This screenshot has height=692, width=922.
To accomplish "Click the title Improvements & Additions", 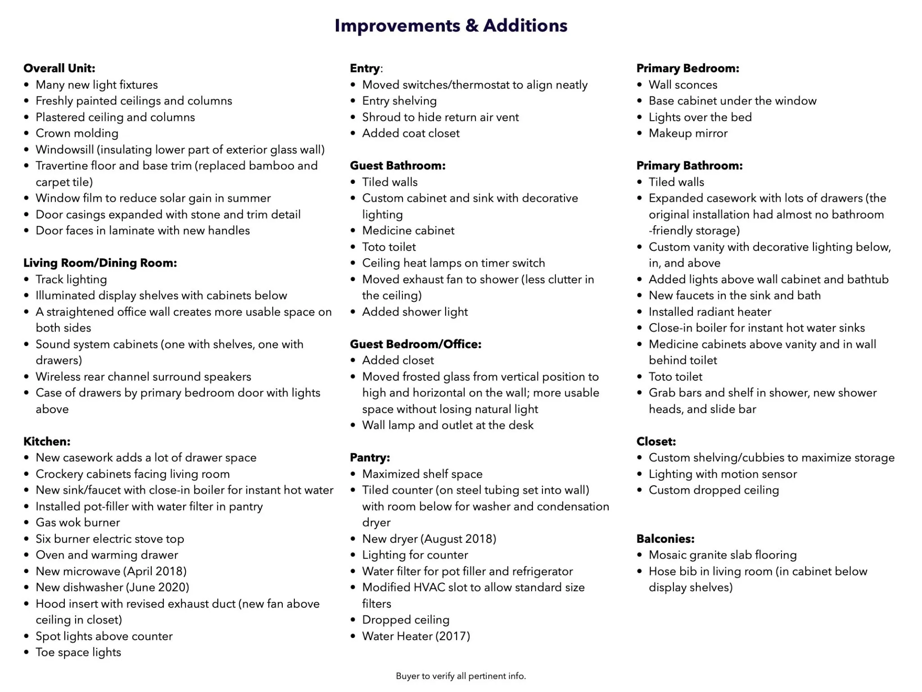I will (x=451, y=26).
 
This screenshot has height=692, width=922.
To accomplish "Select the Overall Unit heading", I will (x=59, y=68).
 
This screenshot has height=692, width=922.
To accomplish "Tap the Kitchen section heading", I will (x=47, y=442).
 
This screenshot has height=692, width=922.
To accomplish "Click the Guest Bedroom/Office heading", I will (x=416, y=344).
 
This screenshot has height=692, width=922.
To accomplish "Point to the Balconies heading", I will (x=665, y=539).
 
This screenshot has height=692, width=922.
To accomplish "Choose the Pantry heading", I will (x=370, y=458).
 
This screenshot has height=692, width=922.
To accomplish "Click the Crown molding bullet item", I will (x=77, y=133).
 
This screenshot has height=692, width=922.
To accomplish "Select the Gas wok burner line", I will (x=78, y=523).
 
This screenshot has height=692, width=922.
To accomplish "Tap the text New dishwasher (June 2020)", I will (x=113, y=587).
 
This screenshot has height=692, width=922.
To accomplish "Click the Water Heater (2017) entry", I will (x=416, y=636).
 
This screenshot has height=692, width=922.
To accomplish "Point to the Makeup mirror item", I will (x=688, y=133).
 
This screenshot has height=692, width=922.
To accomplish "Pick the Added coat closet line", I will (x=411, y=133).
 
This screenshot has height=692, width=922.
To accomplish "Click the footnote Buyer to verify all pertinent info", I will (x=461, y=676).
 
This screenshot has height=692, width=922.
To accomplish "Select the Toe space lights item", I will (x=78, y=652).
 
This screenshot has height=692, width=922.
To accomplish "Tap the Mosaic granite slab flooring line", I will (x=723, y=555).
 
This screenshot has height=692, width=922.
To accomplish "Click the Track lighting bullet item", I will (x=71, y=279).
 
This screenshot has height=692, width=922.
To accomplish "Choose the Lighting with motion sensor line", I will (x=723, y=474).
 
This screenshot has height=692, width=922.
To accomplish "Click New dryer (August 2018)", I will (x=429, y=539).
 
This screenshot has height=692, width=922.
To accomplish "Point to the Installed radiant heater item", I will (x=710, y=312).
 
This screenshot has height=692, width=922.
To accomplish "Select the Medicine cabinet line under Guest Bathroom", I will (x=408, y=231).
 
